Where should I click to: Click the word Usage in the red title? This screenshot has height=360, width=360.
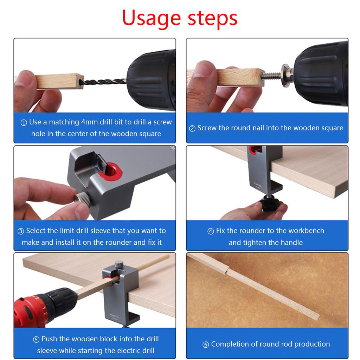click(152, 18)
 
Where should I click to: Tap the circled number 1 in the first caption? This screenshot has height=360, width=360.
click(24, 123)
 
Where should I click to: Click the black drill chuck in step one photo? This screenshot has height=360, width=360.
click(151, 81)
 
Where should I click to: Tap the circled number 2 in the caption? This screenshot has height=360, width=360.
click(192, 128)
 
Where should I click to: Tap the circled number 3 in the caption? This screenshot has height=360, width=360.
click(21, 231)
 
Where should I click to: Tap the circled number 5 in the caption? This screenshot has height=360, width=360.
click(36, 340)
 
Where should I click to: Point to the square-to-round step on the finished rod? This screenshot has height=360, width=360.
click(229, 271)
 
